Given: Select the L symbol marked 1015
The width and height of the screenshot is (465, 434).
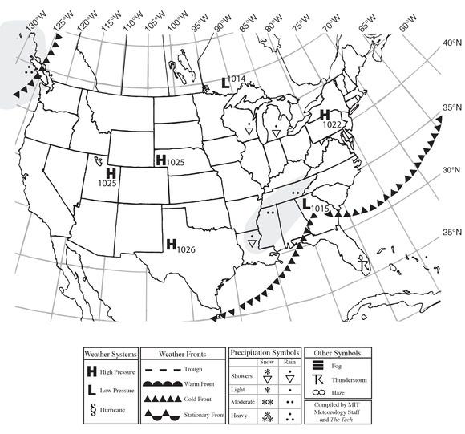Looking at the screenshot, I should pyautogui.click(x=306, y=204).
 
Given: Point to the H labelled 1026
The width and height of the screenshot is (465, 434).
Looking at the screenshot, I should pyautogui.click(x=172, y=244).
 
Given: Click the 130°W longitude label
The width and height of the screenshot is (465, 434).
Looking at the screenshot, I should pyautogui.click(x=32, y=26).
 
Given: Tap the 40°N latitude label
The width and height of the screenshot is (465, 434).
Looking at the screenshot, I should pyautogui.click(x=446, y=43).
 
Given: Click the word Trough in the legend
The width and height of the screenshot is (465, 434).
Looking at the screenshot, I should pyautogui.click(x=192, y=369).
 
